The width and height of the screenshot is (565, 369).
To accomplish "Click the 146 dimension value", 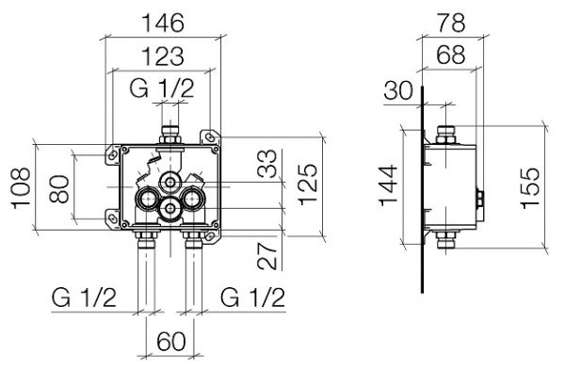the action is coord(163,23).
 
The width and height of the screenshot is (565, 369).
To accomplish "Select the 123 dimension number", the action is coord(163,56).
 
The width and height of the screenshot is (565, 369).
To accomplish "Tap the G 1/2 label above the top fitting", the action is coord(162,88).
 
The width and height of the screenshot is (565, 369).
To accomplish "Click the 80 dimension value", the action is coord(58,189).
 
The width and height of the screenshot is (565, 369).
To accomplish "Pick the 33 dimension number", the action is coord(267,164).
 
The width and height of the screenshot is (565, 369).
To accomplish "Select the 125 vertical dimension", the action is coord(307,184).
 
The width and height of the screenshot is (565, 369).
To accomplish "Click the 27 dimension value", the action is coord(267,256).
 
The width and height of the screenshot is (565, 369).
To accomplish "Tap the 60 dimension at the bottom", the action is coord(171,341).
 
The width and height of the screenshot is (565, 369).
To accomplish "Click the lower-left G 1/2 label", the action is coord(84,297).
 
